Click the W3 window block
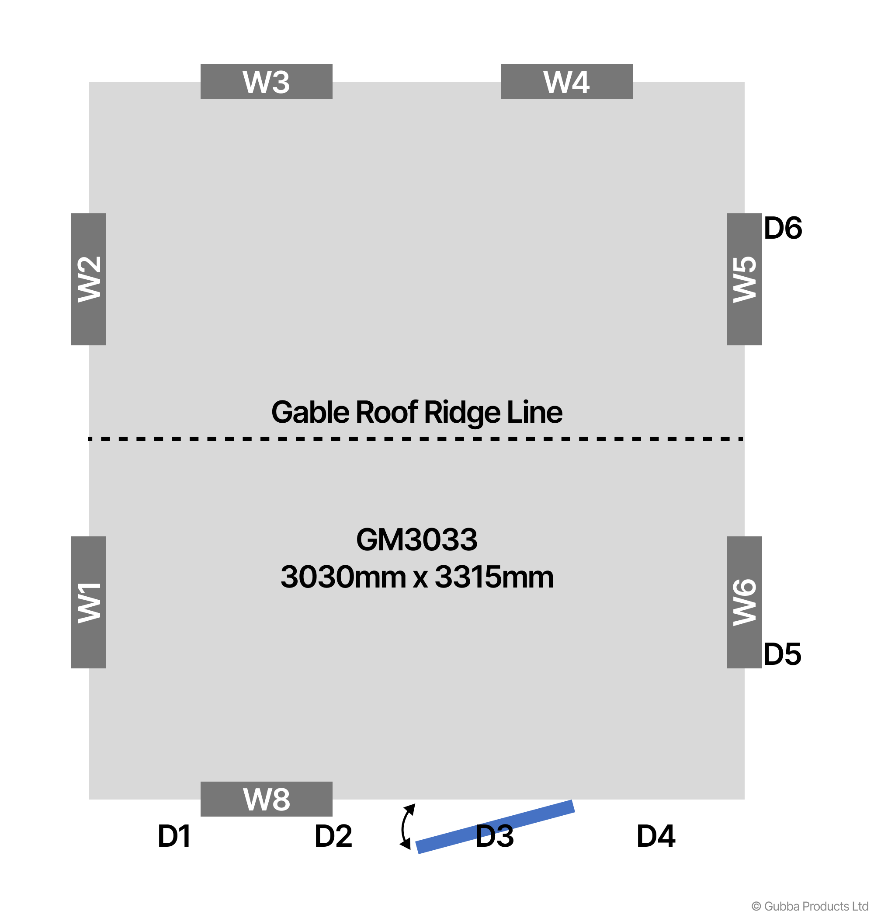(266, 82)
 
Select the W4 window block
(566, 82)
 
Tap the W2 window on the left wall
(89, 279)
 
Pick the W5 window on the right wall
(744, 279)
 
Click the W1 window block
(89, 602)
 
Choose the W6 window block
(744, 602)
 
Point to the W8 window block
(266, 799)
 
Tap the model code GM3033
(416, 539)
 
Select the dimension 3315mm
(494, 577)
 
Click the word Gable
(310, 412)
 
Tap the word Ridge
(462, 412)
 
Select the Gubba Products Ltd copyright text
(816, 906)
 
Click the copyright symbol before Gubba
(756, 906)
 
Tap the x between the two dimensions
(420, 579)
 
